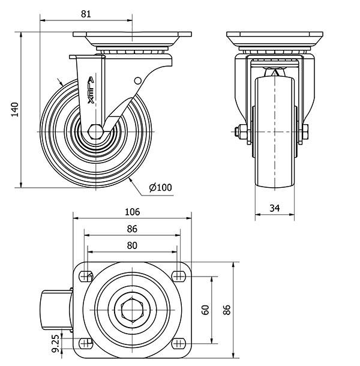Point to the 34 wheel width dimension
(274, 208)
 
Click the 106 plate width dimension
(132, 212)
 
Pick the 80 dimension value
(132, 245)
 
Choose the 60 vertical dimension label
(205, 310)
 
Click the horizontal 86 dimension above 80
(132, 229)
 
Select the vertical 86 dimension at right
(226, 310)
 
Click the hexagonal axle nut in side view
(94, 131)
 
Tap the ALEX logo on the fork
(91, 90)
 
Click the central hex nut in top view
(131, 310)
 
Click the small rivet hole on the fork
(137, 80)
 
